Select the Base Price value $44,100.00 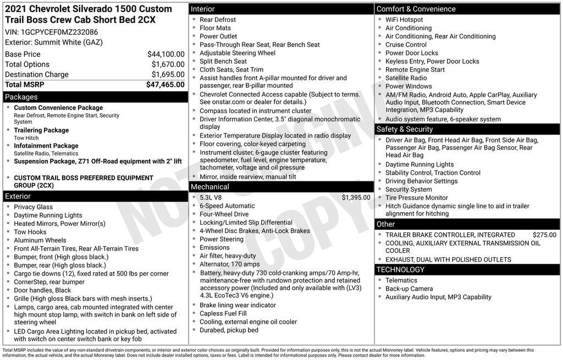click(165, 54)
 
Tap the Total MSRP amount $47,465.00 click(165, 85)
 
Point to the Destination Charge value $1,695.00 click(168, 74)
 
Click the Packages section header click(21, 97)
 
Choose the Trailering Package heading click(41, 130)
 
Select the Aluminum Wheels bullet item click(40, 240)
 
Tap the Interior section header click(203, 9)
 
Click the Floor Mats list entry click(216, 28)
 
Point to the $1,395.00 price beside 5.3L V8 click(356, 197)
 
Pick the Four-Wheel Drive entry click(224, 214)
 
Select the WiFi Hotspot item click(404, 20)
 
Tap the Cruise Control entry click(406, 45)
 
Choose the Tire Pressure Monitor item click(416, 198)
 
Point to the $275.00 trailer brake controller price click(544, 235)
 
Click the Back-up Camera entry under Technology click(409, 289)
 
